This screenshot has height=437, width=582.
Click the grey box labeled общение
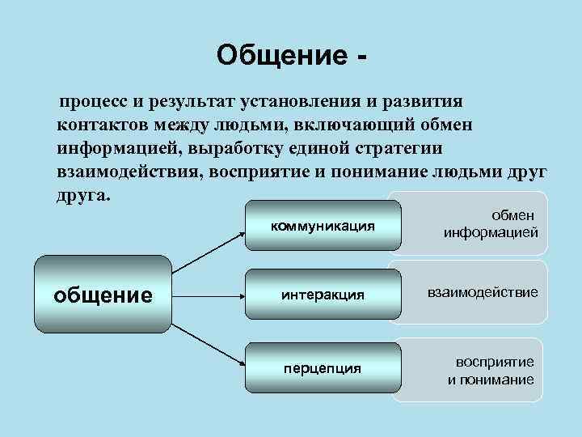click(103, 295)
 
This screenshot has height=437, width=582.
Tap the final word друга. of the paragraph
click(82, 197)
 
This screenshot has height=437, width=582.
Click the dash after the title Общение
click(359, 57)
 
